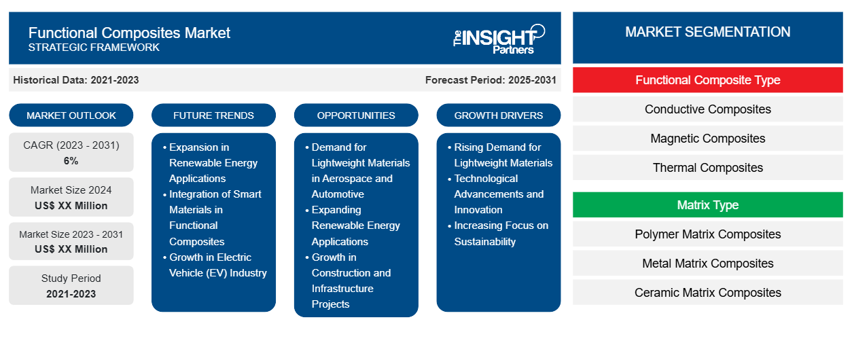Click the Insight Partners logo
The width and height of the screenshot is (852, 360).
(x=499, y=38)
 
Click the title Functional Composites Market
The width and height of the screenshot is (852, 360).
(x=129, y=32)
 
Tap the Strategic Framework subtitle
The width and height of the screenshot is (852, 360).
(x=94, y=48)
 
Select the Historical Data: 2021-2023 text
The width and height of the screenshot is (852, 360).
(x=76, y=80)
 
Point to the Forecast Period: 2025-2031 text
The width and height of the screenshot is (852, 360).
(x=491, y=80)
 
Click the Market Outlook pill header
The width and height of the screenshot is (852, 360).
(x=71, y=115)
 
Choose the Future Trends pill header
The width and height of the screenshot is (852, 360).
(x=213, y=115)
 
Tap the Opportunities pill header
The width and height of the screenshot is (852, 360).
(x=356, y=115)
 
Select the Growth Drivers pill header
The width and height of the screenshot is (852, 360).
(x=499, y=115)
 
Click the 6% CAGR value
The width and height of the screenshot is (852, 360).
(x=71, y=161)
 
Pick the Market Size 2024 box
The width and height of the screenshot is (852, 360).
(x=71, y=198)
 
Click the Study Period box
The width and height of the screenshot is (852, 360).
(x=71, y=285)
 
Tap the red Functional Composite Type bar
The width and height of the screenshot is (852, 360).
(x=707, y=80)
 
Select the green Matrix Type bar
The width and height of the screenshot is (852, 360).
(x=707, y=205)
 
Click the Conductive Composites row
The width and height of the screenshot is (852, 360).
(x=707, y=109)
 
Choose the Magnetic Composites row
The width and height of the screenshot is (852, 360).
(x=707, y=139)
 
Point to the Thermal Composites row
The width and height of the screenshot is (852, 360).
(x=707, y=168)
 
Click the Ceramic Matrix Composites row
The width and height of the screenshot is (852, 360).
(x=707, y=293)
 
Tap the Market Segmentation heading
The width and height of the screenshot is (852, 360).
(x=707, y=32)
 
